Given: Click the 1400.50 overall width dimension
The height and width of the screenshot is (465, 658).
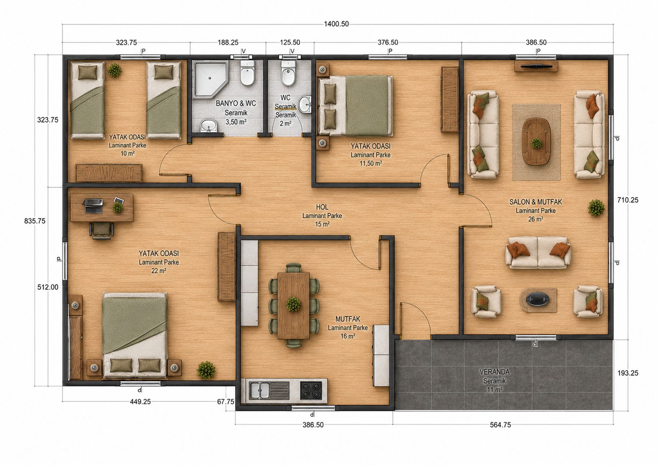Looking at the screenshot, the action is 336,24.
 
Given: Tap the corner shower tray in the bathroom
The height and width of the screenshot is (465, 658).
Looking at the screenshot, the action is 210,79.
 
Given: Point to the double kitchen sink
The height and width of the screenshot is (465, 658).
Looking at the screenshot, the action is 269,390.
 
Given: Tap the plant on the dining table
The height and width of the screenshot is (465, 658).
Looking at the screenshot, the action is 293,304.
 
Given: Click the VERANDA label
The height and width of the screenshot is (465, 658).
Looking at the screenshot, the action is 494,372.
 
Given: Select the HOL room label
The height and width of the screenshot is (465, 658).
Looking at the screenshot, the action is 322,207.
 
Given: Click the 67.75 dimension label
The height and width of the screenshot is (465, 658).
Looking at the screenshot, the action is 226,401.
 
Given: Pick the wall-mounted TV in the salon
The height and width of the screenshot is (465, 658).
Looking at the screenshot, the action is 536,66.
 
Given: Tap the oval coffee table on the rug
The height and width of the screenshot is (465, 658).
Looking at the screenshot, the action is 536,142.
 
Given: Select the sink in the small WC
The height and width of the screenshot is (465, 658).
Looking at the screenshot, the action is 306,105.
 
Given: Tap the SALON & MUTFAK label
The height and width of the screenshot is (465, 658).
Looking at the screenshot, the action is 535,202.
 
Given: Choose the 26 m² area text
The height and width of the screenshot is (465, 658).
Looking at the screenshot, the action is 535,219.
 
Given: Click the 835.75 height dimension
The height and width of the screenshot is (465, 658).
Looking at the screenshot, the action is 35,221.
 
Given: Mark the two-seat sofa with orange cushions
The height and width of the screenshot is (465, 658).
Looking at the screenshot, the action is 538,252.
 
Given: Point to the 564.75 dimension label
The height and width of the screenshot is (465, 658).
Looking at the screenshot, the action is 501,425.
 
